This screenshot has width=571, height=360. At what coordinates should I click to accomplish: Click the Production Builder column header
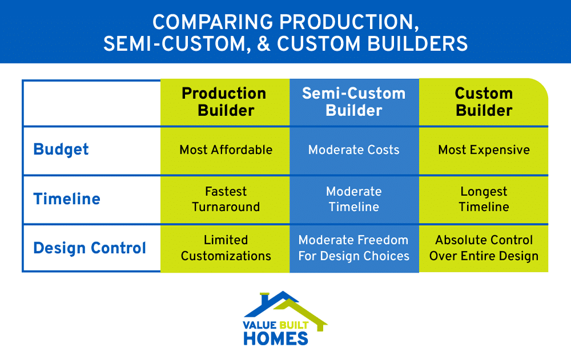tap(224, 102)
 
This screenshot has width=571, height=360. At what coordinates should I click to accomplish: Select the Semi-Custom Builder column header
tap(354, 102)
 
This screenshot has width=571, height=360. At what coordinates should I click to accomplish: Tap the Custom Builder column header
tap(484, 102)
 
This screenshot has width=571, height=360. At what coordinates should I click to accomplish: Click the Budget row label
tap(61, 150)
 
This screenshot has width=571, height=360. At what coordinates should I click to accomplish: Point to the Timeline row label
tap(67, 199)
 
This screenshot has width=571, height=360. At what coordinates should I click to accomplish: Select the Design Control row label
tap(90, 248)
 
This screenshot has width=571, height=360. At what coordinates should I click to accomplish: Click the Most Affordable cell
tap(226, 150)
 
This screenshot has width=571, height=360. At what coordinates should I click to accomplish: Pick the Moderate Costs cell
tap(354, 150)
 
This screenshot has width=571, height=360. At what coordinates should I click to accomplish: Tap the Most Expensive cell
tap(484, 150)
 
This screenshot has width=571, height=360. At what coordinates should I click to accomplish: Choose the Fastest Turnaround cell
tap(226, 199)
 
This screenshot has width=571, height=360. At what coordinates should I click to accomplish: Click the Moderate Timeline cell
tap(354, 199)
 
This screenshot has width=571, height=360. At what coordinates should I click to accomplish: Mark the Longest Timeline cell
tap(484, 199)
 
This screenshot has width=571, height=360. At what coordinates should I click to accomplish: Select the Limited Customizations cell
tap(226, 248)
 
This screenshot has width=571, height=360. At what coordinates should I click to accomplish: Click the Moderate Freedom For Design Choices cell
tap(354, 248)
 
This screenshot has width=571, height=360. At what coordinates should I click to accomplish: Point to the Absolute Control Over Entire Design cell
tap(484, 248)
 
